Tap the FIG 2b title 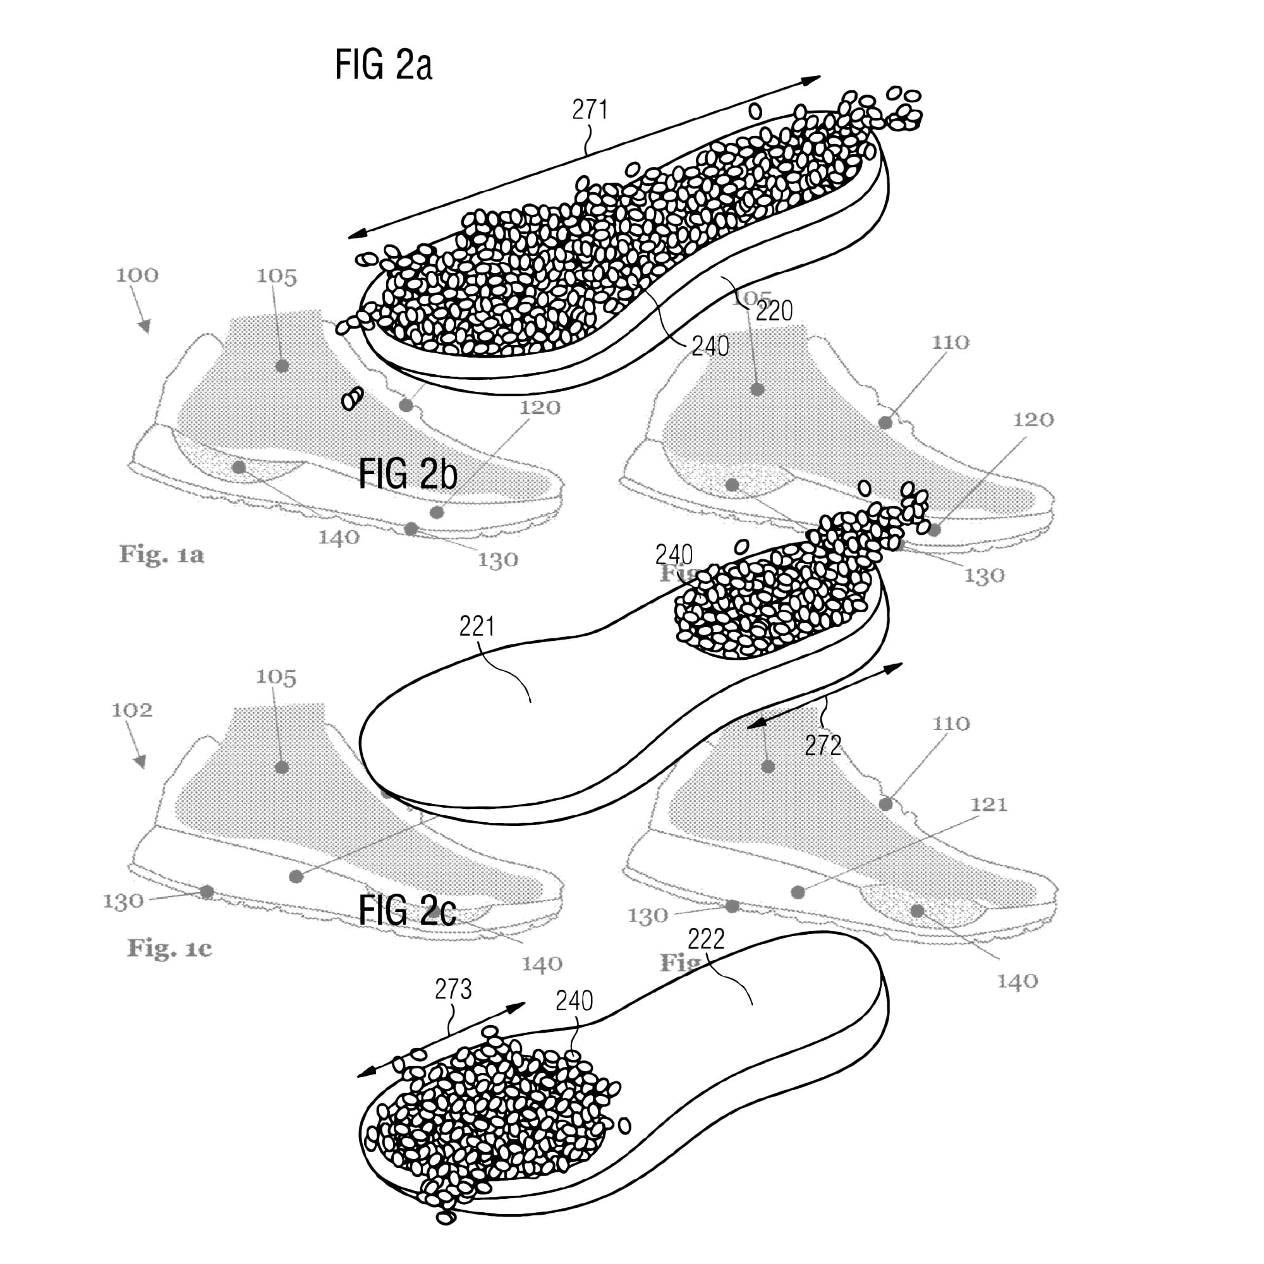point(408,475)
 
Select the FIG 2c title point(407,911)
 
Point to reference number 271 point(590,110)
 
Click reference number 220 point(774,312)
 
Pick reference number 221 point(477,627)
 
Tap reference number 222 point(706,940)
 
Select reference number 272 point(822,746)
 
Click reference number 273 point(453,989)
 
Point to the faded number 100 point(137,276)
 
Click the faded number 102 point(131,710)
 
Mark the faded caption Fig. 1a point(162,555)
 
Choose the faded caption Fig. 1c point(169,948)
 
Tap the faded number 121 point(988,805)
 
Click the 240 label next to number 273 point(574,1001)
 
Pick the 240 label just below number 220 point(710,346)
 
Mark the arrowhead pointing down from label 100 point(146,327)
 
